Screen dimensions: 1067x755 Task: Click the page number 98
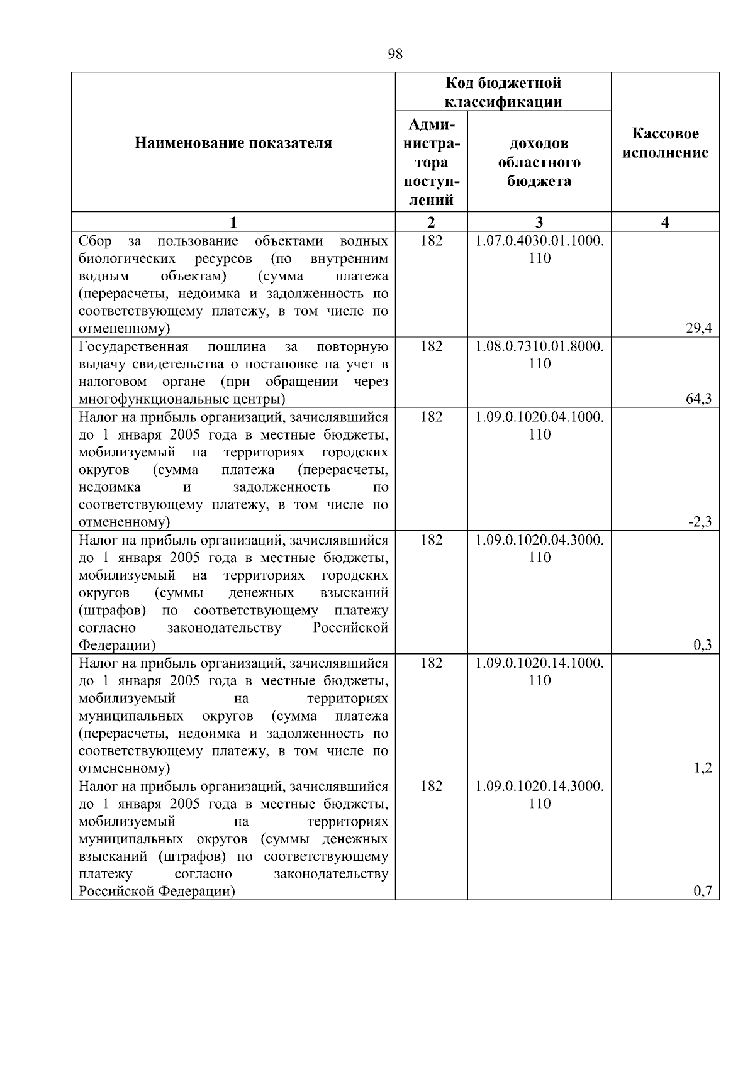pos(395,54)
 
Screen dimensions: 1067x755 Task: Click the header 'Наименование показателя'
pos(233,143)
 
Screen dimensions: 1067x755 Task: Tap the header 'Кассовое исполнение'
pos(665,143)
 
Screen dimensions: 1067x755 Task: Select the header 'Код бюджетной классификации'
pos(503,92)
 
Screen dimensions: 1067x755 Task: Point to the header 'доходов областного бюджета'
pos(539,162)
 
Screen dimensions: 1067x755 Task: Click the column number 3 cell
pos(539,222)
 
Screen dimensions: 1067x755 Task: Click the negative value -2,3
pos(700,522)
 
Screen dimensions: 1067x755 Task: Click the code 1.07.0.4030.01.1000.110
pos(539,250)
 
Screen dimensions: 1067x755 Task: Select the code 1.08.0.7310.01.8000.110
pos(539,355)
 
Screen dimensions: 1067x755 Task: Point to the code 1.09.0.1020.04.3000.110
pos(539,549)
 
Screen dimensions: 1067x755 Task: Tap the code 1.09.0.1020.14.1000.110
pos(539,672)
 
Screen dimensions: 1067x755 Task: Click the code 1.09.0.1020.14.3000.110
pos(539,795)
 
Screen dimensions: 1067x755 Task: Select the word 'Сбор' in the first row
pos(95,241)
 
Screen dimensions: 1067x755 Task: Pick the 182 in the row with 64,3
pos(431,347)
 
